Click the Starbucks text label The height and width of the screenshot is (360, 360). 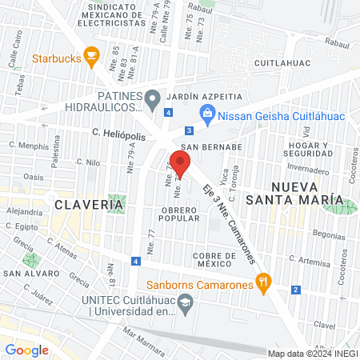coord(55,58)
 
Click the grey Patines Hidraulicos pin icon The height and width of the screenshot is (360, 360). coord(152,99)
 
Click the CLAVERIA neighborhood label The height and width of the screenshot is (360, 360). coord(89,205)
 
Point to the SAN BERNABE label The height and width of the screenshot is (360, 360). coord(210,147)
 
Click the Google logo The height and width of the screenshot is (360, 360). coord(26,350)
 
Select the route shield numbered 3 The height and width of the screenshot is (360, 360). coord(189,130)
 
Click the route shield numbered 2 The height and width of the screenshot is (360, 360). coord(296,290)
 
